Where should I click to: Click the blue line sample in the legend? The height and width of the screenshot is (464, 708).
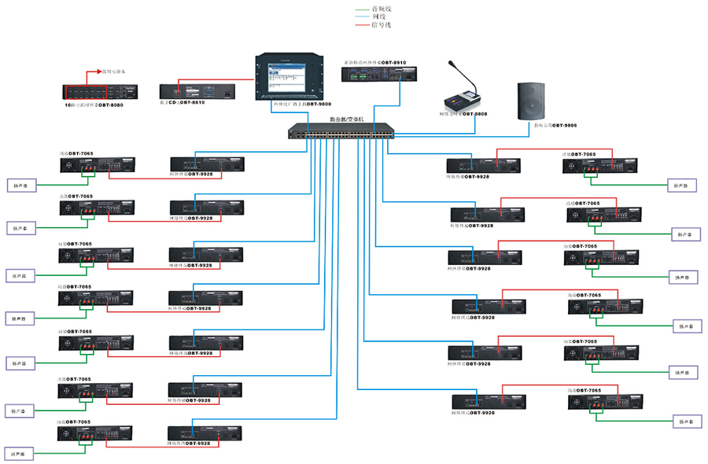tap(363, 17)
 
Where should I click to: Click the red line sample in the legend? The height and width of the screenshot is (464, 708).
tap(363, 25)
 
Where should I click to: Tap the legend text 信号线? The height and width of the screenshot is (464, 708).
tap(382, 25)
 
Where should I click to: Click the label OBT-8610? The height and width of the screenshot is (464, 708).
tap(192, 102)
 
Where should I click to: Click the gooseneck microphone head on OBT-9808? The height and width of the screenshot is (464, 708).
tap(452, 64)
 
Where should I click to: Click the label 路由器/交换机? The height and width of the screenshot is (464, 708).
tap(347, 120)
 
